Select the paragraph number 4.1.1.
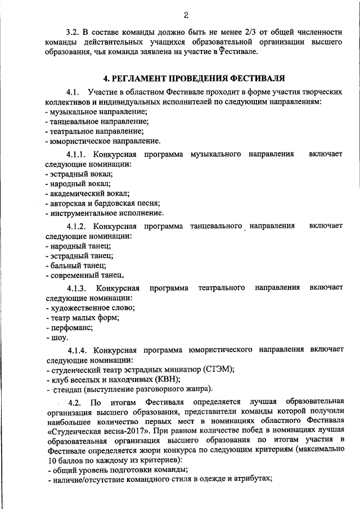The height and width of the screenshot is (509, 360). click(x=78, y=154)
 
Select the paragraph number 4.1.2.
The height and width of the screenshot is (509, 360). click(x=78, y=226)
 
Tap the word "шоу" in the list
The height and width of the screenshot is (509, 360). click(x=59, y=337)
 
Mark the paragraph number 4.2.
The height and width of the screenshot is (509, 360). click(x=75, y=402)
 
